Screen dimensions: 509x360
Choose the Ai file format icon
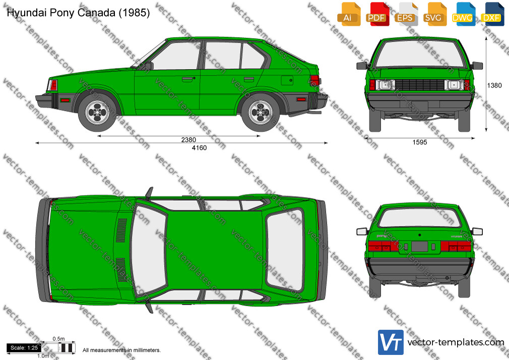pos(349,14)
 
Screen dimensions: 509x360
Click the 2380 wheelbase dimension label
pos(188,140)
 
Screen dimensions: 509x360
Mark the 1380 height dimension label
pos(494,85)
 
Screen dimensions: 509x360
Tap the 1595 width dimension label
pos(420,142)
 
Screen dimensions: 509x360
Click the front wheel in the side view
pos(97,112)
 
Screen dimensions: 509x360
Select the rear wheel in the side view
pos(261,112)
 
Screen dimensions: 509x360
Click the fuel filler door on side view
pos(287,80)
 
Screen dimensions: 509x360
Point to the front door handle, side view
pos(187,79)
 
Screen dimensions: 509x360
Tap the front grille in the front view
pos(420,85)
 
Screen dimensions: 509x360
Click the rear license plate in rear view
pos(420,246)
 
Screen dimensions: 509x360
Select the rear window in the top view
pos(285,250)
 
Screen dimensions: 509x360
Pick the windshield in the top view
pos(149,250)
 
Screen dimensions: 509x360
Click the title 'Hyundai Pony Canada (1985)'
pos(78,13)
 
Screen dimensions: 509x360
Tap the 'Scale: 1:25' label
pos(24,348)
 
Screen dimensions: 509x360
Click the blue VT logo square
pos(391,342)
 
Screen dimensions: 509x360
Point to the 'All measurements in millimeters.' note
pos(122,350)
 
